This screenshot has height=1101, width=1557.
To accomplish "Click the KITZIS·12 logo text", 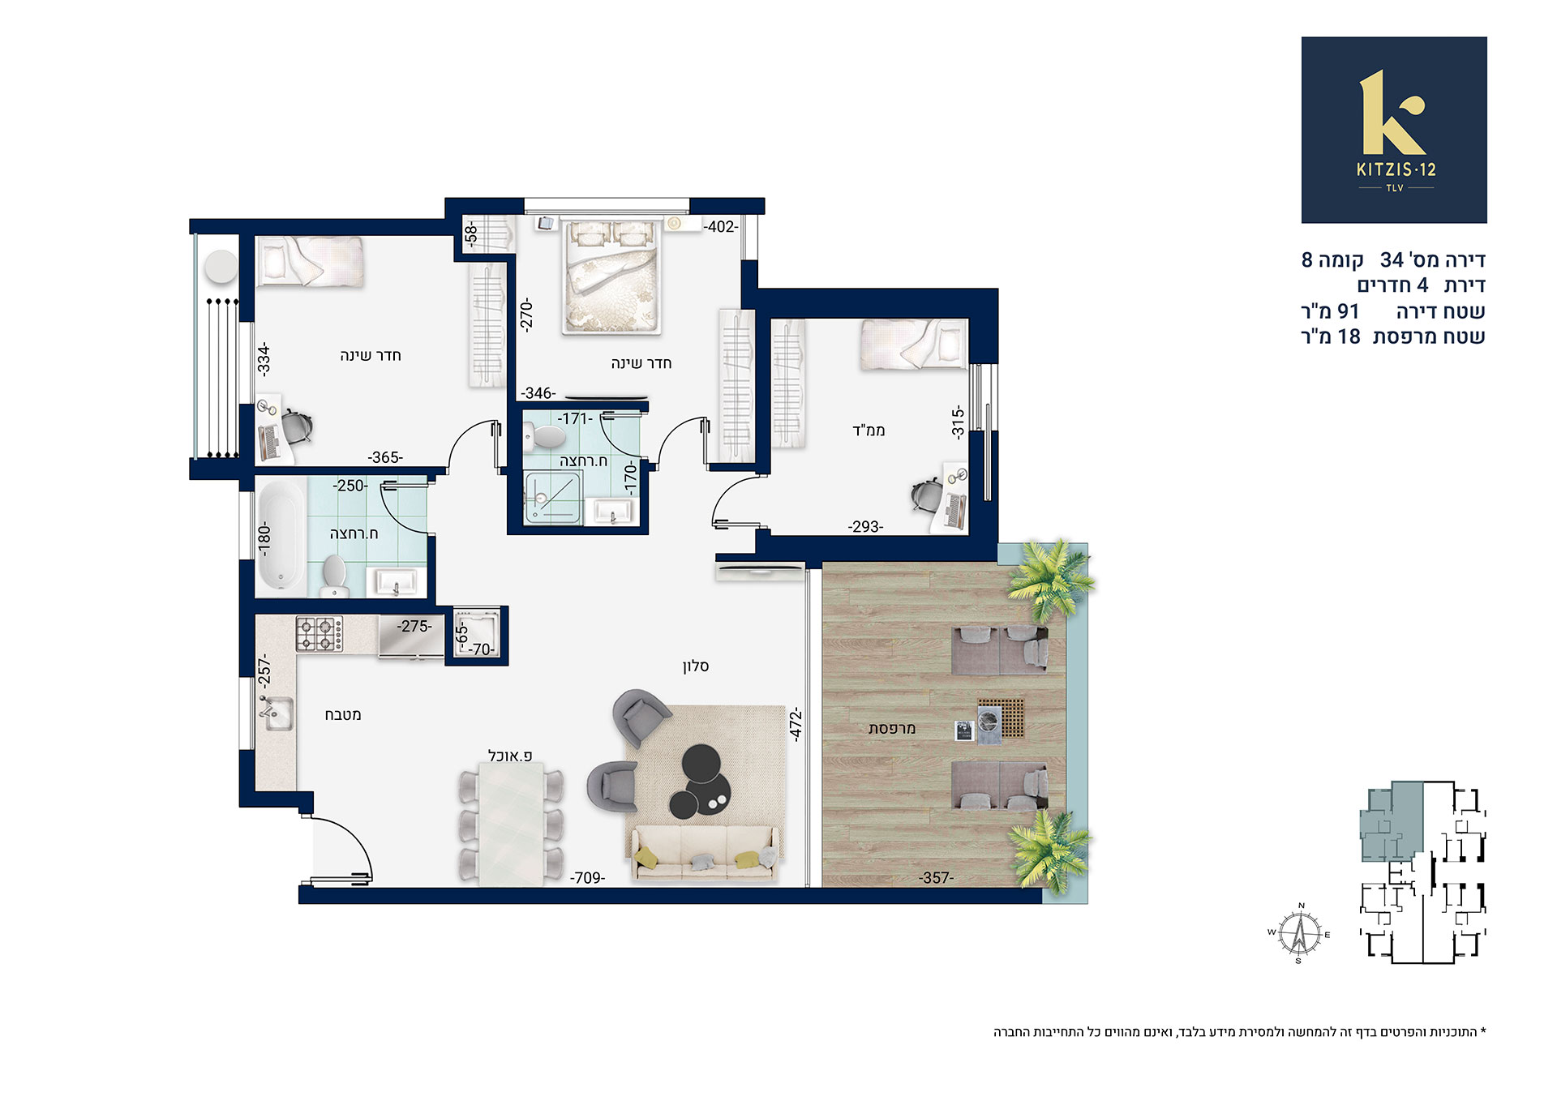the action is (1396, 169).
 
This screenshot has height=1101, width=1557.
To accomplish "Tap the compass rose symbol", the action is (1300, 933).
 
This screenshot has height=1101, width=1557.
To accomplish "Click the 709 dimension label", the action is (588, 878).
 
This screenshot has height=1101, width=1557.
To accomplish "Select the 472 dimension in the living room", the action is (796, 724).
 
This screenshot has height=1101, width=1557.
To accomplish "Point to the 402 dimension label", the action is (721, 227).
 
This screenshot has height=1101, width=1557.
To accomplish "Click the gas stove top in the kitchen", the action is (319, 634).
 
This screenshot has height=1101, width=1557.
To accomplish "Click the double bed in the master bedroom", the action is (612, 276).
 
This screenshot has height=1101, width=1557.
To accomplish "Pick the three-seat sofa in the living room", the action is (703, 854).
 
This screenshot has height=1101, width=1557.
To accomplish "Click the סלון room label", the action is (696, 666).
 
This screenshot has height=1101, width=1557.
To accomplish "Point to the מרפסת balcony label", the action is (892, 728).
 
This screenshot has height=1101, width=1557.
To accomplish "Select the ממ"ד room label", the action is (869, 430).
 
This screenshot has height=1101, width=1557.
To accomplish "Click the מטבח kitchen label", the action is (343, 715).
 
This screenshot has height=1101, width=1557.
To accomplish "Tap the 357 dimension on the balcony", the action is (936, 878).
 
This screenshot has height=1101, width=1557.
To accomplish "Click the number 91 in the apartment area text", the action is (1348, 311).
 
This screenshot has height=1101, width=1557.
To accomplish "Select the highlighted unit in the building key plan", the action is (1392, 820).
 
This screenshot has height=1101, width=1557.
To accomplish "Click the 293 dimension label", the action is (865, 527).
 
